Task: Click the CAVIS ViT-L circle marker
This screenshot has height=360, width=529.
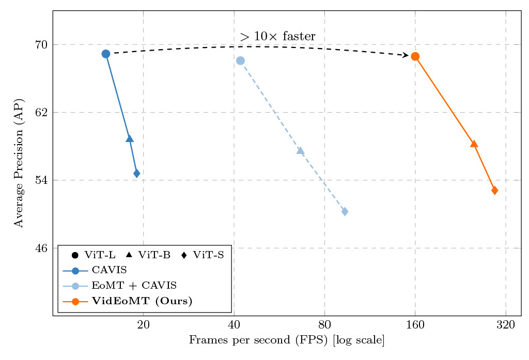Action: (x=106, y=54)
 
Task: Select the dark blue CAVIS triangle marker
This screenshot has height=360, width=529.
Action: (x=130, y=138)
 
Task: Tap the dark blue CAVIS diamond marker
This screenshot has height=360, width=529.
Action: (x=137, y=174)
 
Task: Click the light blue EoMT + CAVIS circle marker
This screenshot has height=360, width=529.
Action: (x=240, y=60)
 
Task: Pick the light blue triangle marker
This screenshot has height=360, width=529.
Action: (x=300, y=151)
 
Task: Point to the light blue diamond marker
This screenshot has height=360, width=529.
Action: (x=345, y=211)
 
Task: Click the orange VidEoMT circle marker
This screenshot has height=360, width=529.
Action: (x=415, y=56)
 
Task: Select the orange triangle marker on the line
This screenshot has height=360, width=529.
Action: (x=474, y=144)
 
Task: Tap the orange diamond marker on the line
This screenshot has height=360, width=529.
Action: (x=494, y=190)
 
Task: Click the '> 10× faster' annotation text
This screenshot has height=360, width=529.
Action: (x=277, y=37)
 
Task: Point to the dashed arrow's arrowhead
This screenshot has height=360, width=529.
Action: (x=406, y=55)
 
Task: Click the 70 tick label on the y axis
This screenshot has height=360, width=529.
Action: (x=41, y=44)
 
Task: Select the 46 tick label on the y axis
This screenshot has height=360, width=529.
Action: (x=41, y=248)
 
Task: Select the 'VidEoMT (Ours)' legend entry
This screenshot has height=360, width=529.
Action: (x=142, y=302)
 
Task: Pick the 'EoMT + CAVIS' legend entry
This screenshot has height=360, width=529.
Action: (x=134, y=286)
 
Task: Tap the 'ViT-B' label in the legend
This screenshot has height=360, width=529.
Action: (x=154, y=255)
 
